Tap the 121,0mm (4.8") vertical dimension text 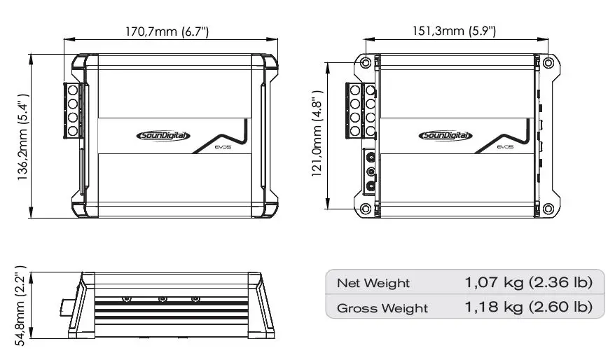click(317, 134)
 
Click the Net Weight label click(373, 283)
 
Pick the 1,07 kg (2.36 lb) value click(528, 283)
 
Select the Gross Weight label click(382, 307)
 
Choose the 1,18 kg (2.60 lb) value click(528, 307)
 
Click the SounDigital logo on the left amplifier click(162, 136)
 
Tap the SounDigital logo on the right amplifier click(445, 136)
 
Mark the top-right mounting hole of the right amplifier click(548, 63)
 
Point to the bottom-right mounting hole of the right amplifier click(548, 208)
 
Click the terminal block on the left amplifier click(72, 110)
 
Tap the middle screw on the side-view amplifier click(163, 299)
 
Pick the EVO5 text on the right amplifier click(504, 147)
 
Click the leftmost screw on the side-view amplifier click(127, 299)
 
